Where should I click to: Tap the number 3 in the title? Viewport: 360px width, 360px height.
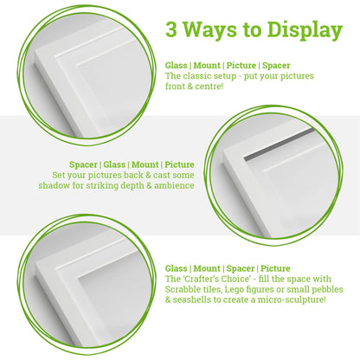[x=172, y=30]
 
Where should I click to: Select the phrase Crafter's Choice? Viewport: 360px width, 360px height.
[x=214, y=279]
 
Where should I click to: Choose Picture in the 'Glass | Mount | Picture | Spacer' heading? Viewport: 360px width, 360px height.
[x=248, y=66]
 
